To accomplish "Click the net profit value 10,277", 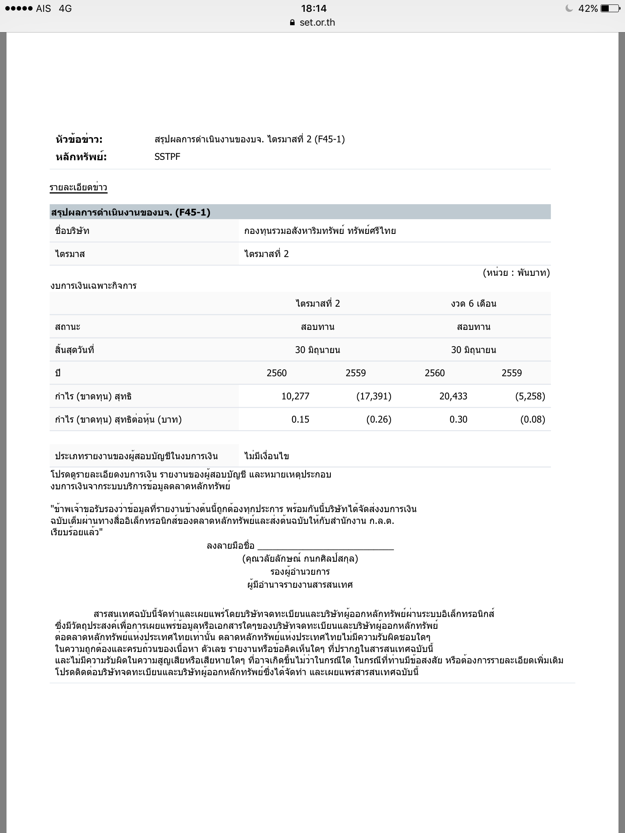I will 295,396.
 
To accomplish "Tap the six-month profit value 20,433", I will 453,396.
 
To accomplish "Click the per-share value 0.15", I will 300,419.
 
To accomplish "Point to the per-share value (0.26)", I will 379,419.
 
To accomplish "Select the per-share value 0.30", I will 458,419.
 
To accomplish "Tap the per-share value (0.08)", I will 532,419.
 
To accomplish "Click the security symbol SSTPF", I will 167,157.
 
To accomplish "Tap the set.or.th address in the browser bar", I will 317,22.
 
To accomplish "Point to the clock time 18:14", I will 314,9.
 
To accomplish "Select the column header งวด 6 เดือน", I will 474,303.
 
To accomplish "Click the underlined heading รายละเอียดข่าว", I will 79,188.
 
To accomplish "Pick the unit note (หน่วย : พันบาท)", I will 516,273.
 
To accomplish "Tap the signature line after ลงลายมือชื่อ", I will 326,546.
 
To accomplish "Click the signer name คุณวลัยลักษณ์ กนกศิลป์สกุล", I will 300,559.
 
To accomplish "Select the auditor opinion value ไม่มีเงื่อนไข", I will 267,456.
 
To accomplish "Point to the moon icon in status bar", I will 569,9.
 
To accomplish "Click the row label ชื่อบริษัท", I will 72,231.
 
